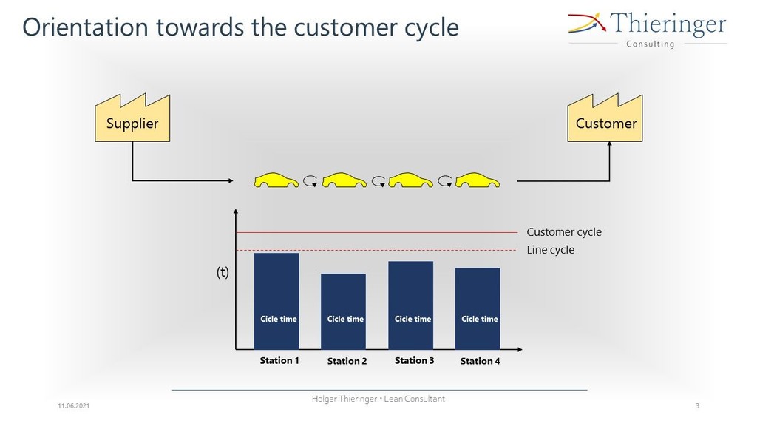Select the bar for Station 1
pos(276,301)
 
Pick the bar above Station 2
pos(343,311)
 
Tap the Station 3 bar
pos(411,305)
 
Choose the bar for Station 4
pos(478,308)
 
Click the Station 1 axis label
pos(279,360)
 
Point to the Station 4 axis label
pos(480,361)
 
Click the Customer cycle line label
pos(564,231)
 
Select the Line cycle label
pos(550,250)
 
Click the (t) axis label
pos(222,272)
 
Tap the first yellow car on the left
pos(276,180)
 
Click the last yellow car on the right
pos(478,180)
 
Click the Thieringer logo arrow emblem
pos(587,23)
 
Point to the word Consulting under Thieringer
pos(650,44)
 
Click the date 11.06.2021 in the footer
pos(73,406)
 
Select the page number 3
pos(697,406)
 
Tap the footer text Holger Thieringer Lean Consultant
pos(378,399)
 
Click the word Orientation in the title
pos(85,27)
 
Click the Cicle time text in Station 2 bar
pos(345,319)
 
